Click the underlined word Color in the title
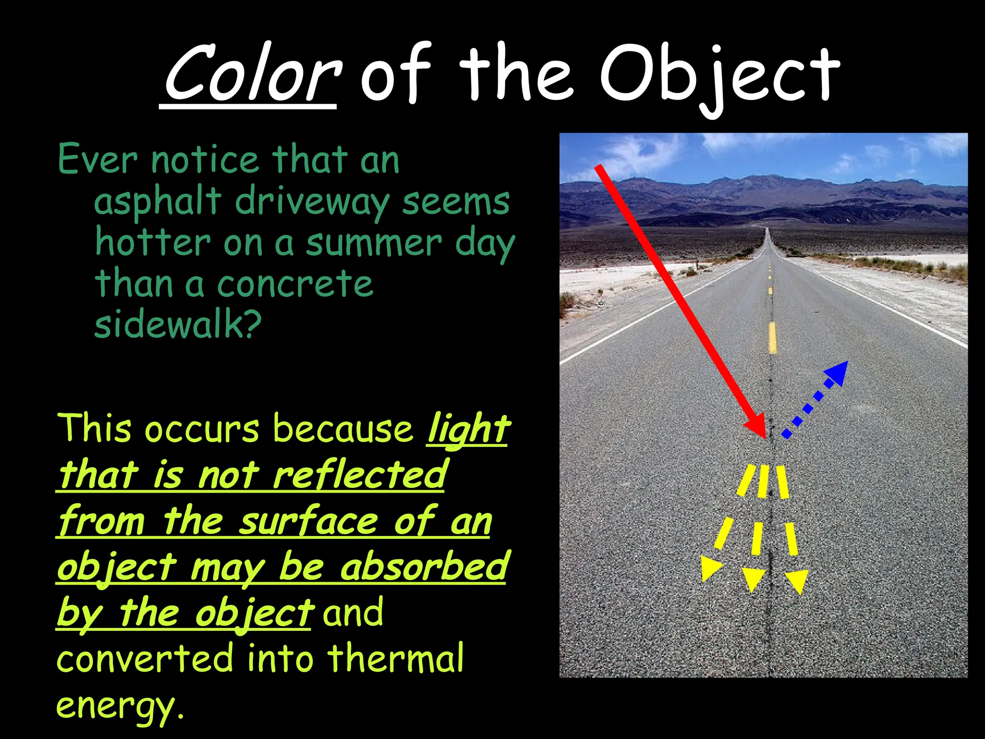(x=250, y=75)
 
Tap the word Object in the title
(x=719, y=77)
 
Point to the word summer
(x=374, y=243)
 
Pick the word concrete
(x=295, y=284)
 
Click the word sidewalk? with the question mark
(x=178, y=324)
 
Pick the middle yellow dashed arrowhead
(x=753, y=579)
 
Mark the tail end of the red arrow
(x=598, y=168)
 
